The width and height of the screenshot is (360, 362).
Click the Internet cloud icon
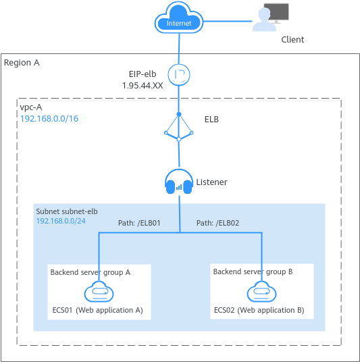179,18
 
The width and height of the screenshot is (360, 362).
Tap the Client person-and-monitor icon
270,18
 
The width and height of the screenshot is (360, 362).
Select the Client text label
292,39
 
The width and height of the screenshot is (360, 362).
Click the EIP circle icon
179,74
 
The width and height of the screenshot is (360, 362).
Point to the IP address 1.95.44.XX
143,86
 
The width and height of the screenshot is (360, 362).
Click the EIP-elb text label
143,74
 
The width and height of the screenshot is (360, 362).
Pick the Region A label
22,63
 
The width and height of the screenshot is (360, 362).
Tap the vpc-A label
31,107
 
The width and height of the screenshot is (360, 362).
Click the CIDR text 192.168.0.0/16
49,119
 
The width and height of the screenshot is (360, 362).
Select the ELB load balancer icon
179,126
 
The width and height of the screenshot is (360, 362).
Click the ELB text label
211,120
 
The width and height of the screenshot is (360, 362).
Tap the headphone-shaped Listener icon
179,182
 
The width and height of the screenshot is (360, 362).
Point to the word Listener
212,182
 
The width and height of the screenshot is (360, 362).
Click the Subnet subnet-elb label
67,211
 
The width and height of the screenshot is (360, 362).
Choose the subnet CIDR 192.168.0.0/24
61,221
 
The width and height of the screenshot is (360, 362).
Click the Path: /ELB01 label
139,223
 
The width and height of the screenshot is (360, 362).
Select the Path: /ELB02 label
217,223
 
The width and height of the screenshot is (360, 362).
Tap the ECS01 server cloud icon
99,291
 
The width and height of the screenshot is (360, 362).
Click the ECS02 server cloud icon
261,291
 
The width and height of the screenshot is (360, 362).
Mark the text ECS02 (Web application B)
259,310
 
